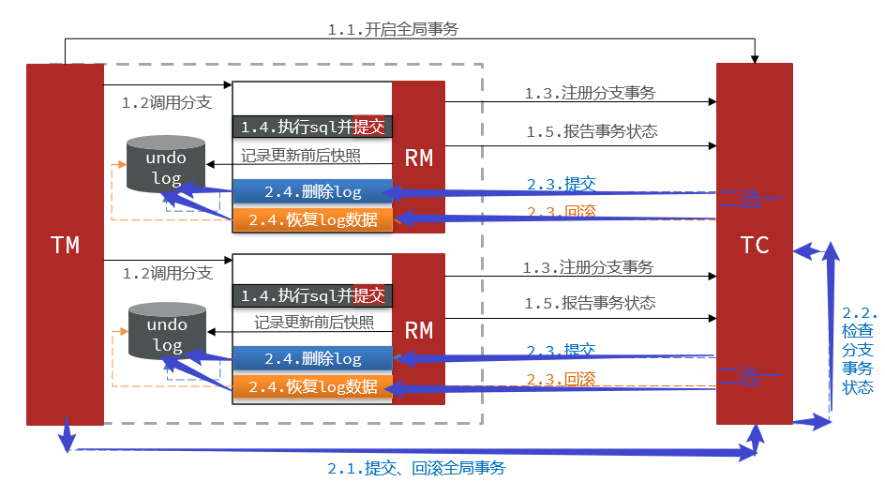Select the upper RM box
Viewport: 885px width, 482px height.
418,158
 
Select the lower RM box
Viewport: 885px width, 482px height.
418,329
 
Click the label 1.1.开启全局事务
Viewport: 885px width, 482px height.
393,29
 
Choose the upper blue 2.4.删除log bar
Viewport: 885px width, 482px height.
312,192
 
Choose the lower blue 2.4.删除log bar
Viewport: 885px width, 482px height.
312,359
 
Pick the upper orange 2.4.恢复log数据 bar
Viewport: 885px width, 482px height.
312,220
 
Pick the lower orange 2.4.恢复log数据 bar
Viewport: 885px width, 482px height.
312,387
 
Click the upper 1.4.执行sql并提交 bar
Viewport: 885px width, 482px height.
312,127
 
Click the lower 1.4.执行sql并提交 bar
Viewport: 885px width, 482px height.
312,295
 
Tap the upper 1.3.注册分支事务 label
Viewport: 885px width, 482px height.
590,93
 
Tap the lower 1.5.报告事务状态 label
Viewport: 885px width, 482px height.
590,303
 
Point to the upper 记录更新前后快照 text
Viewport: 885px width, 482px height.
300,156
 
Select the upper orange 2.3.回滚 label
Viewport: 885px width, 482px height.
561,211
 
